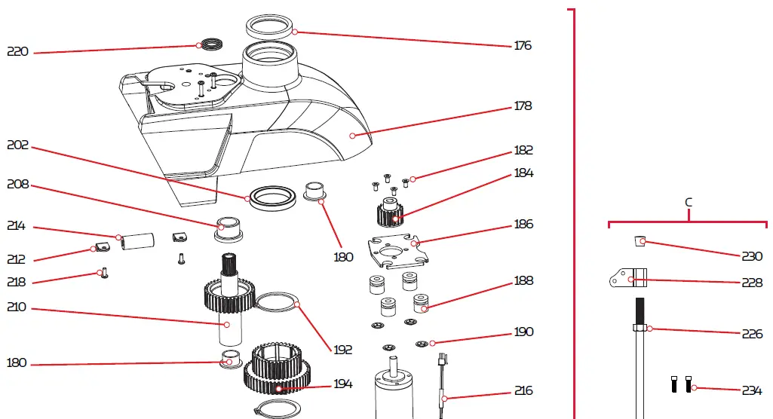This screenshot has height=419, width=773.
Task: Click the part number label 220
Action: tap(17, 52)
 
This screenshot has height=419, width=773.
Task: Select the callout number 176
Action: tap(523, 45)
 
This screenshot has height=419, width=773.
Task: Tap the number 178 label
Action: tap(523, 106)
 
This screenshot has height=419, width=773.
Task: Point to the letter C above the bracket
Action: tap(689, 203)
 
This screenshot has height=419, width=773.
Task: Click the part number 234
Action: tap(751, 390)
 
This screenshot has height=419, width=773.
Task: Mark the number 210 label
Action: tap(17, 307)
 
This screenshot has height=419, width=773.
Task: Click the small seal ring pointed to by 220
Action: tap(212, 44)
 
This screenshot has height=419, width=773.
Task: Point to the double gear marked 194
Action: tap(277, 369)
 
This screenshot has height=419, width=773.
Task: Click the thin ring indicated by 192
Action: tap(278, 303)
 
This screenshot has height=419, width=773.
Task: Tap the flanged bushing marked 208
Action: tap(227, 228)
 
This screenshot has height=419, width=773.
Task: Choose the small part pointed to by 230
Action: tap(640, 241)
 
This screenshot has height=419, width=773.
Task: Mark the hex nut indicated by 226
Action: tap(640, 327)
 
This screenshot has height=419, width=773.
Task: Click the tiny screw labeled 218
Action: tap(104, 274)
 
